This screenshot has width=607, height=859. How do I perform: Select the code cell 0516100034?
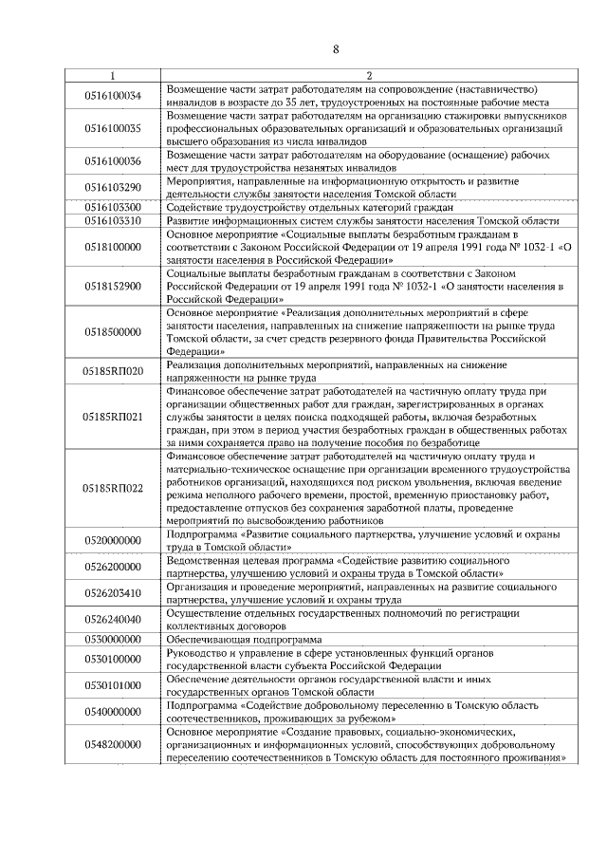pyautogui.click(x=113, y=95)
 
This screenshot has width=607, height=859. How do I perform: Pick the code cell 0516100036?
pyautogui.click(x=113, y=160)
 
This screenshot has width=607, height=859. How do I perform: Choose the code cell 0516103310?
pyautogui.click(x=113, y=220)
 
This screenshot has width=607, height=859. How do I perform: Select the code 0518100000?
pyautogui.click(x=113, y=247)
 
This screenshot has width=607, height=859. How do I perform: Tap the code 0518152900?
pyautogui.click(x=113, y=286)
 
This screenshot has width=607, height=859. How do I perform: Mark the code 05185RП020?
pyautogui.click(x=113, y=371)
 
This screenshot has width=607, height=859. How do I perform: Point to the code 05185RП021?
pyautogui.click(x=113, y=417)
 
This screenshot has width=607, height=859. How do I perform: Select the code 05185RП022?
pyautogui.click(x=113, y=489)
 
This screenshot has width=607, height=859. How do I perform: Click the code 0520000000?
pyautogui.click(x=113, y=541)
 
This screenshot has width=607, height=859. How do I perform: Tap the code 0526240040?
pyautogui.click(x=113, y=620)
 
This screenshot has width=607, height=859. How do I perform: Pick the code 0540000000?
pyautogui.click(x=113, y=712)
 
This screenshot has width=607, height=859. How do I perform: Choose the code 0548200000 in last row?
pyautogui.click(x=113, y=745)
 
